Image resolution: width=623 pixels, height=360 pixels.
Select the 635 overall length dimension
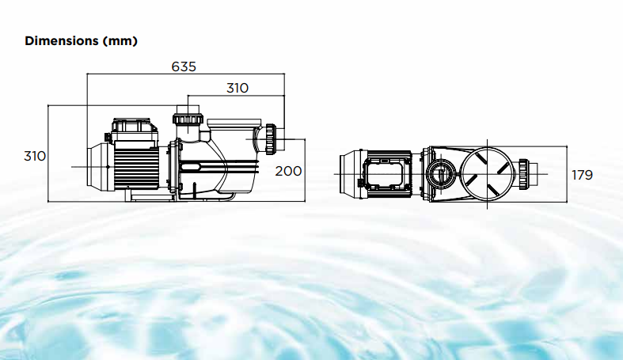[x=184, y=66]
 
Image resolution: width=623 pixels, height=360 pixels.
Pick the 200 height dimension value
[x=289, y=170]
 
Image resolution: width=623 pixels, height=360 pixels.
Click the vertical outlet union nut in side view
[x=188, y=119]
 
